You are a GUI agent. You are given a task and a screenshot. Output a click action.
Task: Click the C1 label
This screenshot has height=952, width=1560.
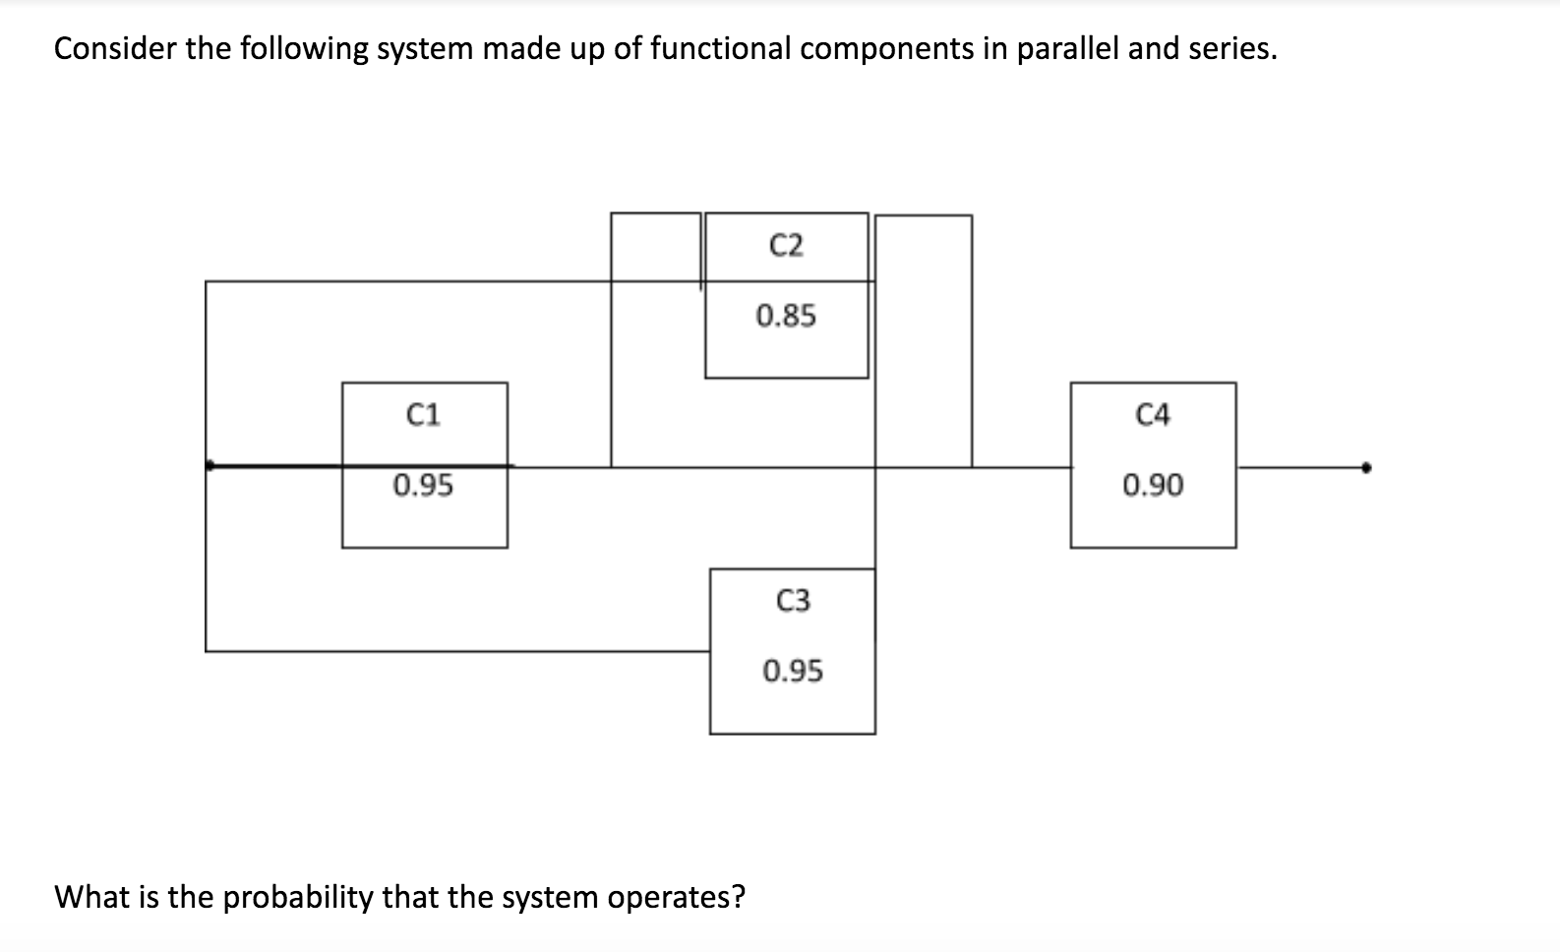tap(423, 415)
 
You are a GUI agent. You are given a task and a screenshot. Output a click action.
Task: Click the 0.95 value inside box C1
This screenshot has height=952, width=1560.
tap(423, 485)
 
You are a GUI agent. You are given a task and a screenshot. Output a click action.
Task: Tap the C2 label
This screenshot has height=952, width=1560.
tap(786, 245)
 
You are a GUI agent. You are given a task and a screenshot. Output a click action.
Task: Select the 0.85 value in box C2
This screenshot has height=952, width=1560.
tap(786, 316)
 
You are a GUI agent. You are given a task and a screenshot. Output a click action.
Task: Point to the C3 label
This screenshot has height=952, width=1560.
tap(793, 600)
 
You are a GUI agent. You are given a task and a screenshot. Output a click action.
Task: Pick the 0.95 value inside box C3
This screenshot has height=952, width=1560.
tap(793, 671)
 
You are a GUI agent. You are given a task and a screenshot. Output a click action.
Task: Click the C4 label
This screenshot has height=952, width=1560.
tap(1153, 415)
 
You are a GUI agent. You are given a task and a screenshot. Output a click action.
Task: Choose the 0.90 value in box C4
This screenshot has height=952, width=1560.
tap(1153, 485)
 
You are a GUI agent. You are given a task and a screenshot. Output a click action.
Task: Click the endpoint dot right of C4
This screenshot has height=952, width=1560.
tap(1365, 467)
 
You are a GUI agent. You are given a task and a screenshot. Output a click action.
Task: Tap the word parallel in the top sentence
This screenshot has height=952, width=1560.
tap(1067, 48)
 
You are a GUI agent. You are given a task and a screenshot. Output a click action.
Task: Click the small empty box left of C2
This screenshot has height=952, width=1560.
tap(655, 247)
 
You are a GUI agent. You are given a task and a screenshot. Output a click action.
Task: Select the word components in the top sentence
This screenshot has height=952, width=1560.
tap(886, 48)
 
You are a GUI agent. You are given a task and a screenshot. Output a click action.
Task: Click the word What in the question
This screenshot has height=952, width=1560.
tap(89, 897)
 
